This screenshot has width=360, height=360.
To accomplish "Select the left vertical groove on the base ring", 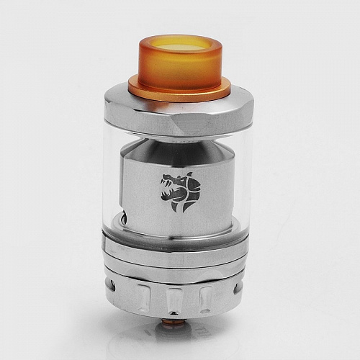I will click(144, 294).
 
